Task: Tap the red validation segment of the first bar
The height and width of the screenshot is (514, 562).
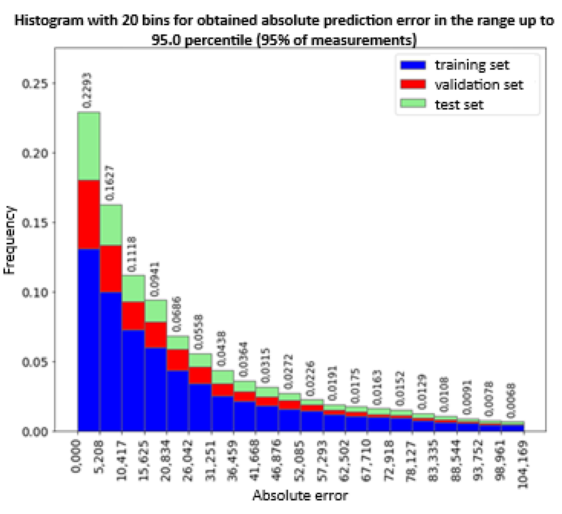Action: [x=89, y=214]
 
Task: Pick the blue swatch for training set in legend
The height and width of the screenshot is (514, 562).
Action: [x=413, y=65]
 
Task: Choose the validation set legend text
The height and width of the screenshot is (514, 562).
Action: [x=479, y=85]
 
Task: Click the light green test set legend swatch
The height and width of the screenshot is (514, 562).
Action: [x=413, y=103]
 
